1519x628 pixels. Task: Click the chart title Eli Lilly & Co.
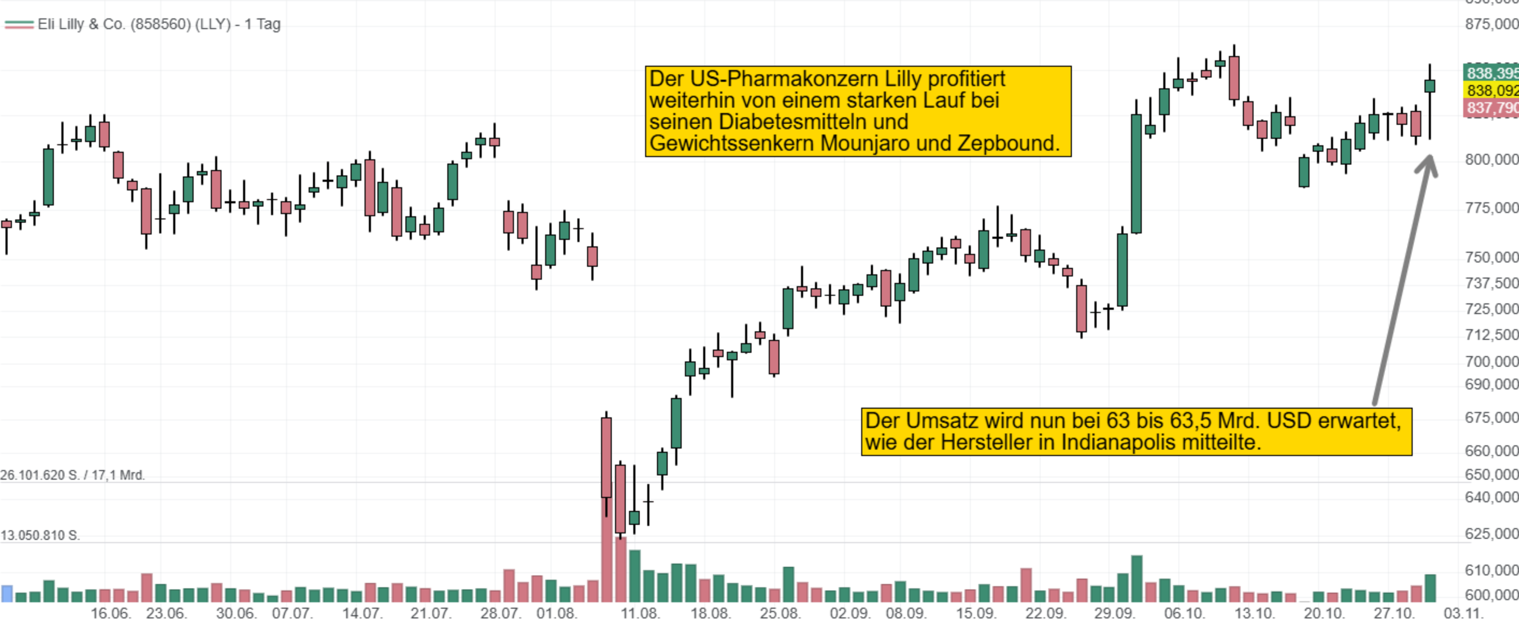[x=158, y=24]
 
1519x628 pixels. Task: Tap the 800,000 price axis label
[x=1491, y=159]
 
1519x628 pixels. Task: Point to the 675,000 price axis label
[x=1491, y=417]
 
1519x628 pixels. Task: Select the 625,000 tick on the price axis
[x=1491, y=534]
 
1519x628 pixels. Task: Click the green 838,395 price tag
[x=1491, y=73]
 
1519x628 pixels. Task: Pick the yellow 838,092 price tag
[x=1491, y=90]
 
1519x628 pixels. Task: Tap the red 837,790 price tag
[x=1491, y=108]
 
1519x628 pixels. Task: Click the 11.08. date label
[x=640, y=613]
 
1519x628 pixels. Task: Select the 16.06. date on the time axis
[x=110, y=613]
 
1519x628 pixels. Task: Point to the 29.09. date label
[x=1114, y=613]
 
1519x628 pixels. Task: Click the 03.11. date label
[x=1463, y=613]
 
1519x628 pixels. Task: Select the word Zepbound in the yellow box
[x=1008, y=144]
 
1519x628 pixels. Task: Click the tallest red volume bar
[x=606, y=548]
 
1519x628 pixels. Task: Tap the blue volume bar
[x=7, y=593]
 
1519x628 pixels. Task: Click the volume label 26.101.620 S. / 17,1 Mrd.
[x=73, y=475]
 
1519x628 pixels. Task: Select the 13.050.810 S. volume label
[x=40, y=536]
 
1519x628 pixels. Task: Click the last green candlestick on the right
[x=1429, y=86]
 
